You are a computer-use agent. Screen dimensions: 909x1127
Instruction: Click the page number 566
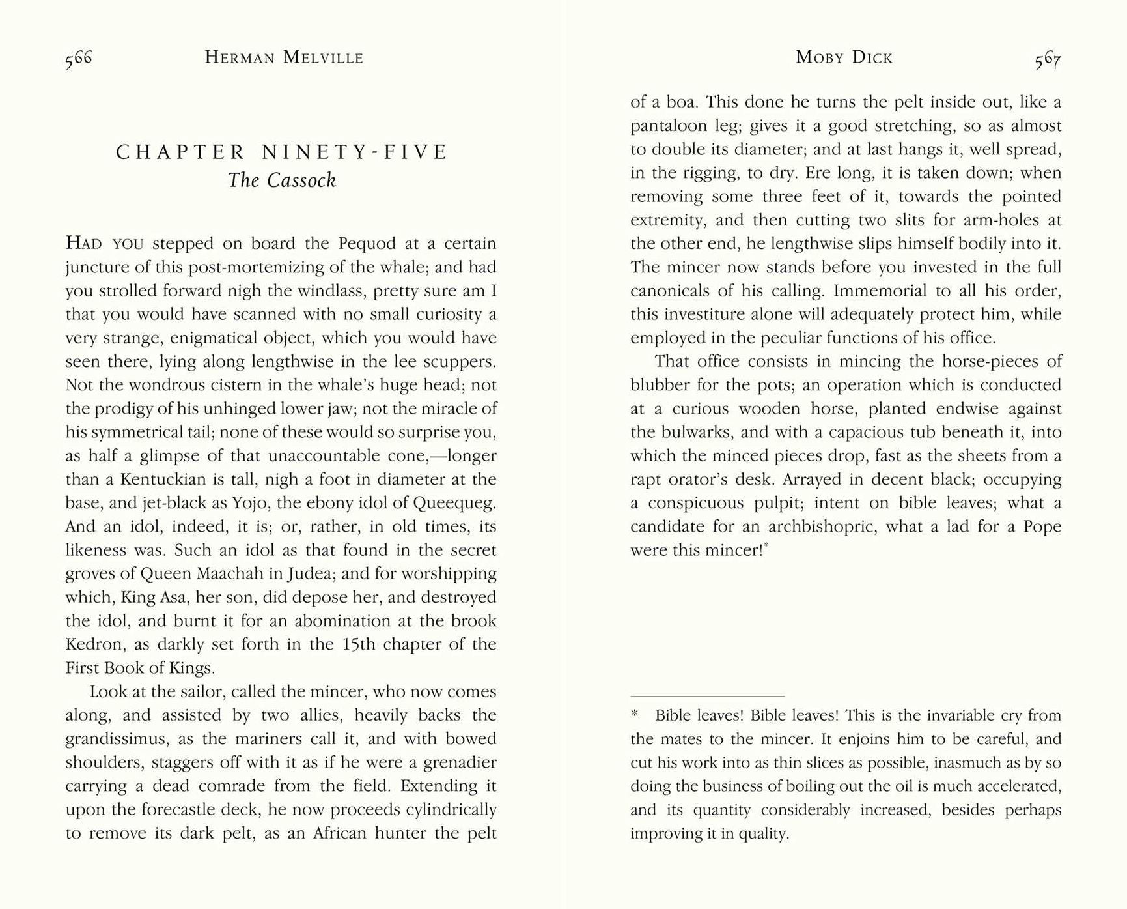click(x=79, y=59)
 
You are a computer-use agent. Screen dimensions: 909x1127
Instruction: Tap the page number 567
click(x=1048, y=60)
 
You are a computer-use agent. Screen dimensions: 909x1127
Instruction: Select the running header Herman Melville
click(x=284, y=58)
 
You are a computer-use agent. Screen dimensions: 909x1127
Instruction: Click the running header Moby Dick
click(x=844, y=58)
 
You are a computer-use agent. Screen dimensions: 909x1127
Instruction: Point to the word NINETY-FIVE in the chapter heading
click(x=355, y=152)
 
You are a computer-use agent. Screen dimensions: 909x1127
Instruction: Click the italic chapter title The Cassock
click(x=282, y=180)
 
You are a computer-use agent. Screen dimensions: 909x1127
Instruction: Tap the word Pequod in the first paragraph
click(x=367, y=244)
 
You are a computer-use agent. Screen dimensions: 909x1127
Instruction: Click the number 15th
click(x=359, y=644)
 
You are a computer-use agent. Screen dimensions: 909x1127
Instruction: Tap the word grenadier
click(x=460, y=762)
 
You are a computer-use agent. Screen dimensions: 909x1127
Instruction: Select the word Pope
click(x=1042, y=527)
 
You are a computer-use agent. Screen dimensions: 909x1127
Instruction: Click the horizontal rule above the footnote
click(x=707, y=696)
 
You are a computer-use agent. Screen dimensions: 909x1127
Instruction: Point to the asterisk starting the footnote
click(x=635, y=715)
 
